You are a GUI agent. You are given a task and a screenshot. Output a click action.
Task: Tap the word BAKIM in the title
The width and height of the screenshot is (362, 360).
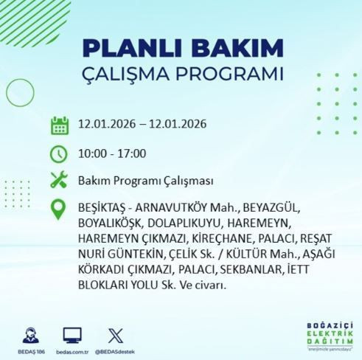click(234, 49)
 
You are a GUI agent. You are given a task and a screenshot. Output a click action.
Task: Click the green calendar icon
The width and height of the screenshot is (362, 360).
click(60, 125)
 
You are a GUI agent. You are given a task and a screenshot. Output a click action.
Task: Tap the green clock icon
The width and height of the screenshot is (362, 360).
click(60, 153)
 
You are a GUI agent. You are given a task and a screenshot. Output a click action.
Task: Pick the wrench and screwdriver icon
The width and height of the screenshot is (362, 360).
click(60, 180)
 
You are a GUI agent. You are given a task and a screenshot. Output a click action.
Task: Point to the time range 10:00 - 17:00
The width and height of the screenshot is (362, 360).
click(112, 153)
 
